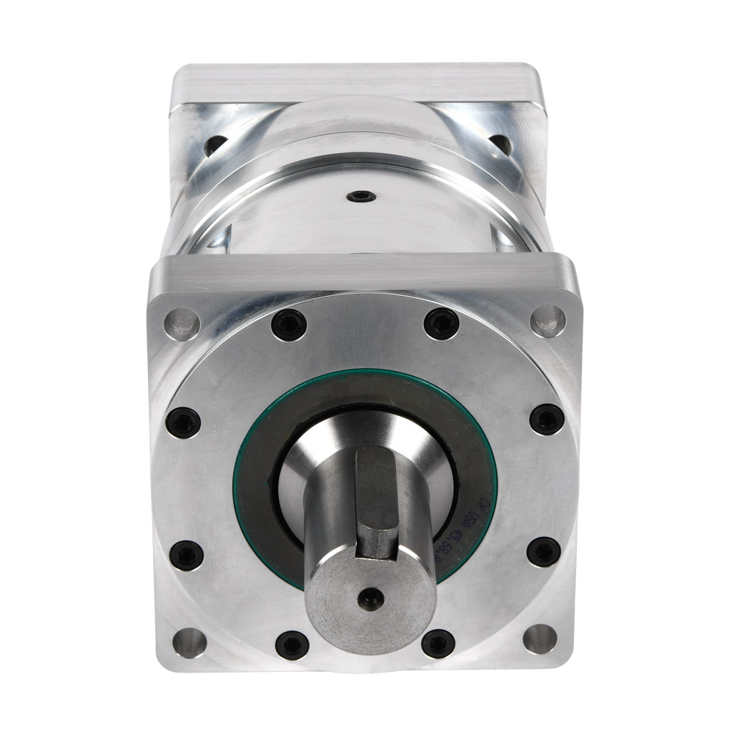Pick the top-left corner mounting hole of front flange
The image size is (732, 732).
pyautogui.click(x=183, y=322)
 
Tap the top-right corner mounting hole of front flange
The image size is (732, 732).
pyautogui.click(x=548, y=320)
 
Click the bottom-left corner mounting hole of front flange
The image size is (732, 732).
pyautogui.click(x=189, y=640)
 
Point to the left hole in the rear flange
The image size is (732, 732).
pyautogui.click(x=213, y=147)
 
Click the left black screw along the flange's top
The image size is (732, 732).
pyautogui.click(x=289, y=325)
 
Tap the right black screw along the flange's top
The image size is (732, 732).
pyautogui.click(x=441, y=324)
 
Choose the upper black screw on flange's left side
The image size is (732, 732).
pyautogui.click(x=184, y=422)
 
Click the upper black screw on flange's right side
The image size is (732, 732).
pyautogui.click(x=548, y=419)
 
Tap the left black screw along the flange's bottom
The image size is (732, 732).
pyautogui.click(x=292, y=645)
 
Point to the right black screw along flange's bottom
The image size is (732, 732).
pyautogui.click(x=437, y=643)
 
